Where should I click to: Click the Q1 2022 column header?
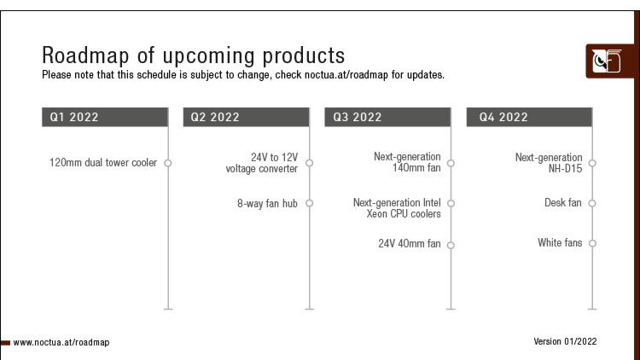click(105, 117)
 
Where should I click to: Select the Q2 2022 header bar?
click(246, 117)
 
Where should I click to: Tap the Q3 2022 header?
click(387, 117)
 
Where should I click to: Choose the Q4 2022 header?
click(529, 117)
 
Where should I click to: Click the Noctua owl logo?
click(608, 61)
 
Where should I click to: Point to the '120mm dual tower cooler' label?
click(103, 162)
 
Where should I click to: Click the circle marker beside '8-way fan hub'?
click(310, 203)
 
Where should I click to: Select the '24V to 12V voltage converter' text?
click(262, 163)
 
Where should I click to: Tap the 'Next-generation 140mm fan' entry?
click(407, 162)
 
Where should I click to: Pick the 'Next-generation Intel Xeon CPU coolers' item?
click(397, 208)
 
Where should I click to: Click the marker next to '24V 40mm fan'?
click(451, 246)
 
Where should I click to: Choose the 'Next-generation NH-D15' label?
click(549, 163)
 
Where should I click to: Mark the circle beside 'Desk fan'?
click(592, 203)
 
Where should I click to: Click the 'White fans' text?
click(560, 242)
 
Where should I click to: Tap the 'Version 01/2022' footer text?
click(565, 341)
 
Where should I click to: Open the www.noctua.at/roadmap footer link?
click(61, 342)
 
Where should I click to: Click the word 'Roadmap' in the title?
click(85, 55)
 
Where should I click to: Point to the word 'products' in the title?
click(304, 56)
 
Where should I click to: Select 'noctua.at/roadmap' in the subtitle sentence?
click(346, 75)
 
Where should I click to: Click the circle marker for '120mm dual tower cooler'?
click(168, 163)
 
